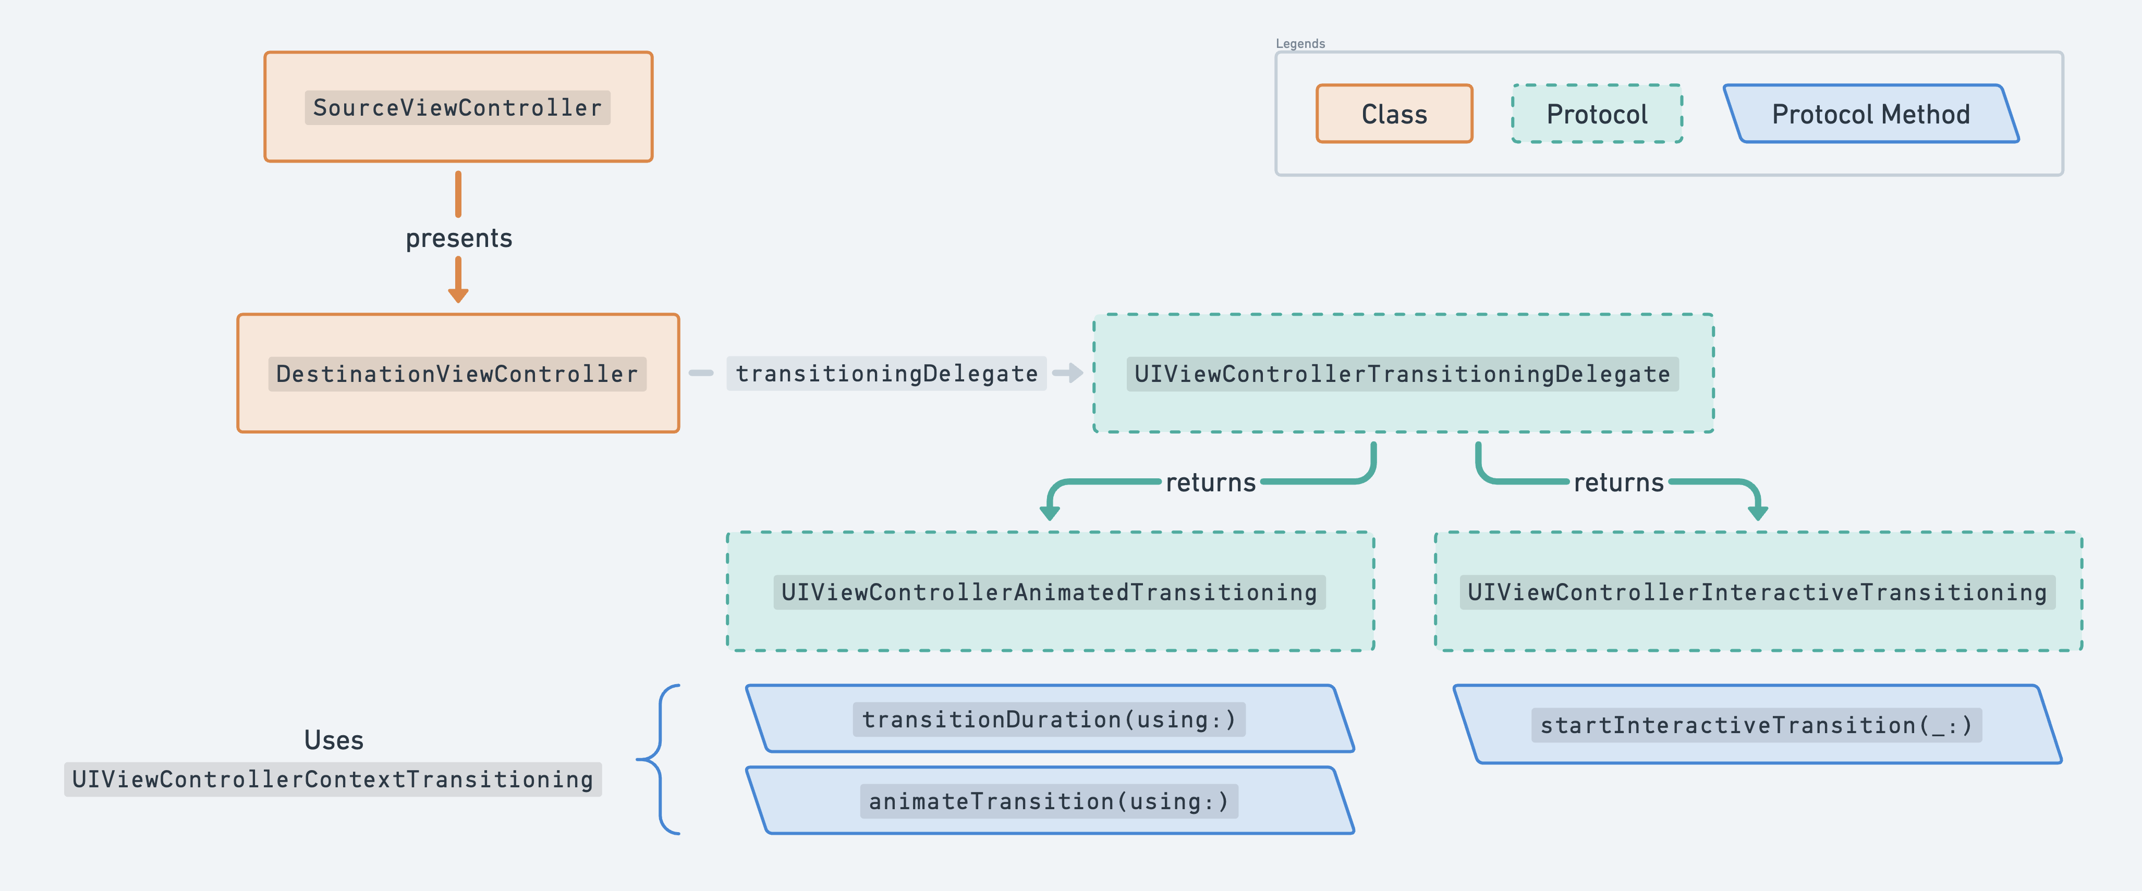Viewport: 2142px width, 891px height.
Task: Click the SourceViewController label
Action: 457,108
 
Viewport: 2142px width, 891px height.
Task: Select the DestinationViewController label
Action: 457,374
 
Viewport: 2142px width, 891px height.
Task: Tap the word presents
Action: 458,239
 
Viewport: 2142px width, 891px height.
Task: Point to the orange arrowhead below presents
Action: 458,294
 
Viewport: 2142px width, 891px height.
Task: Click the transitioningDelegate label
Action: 886,374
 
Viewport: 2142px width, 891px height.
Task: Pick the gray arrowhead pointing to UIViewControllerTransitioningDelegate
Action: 1075,373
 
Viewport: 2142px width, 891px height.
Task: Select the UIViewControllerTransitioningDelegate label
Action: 1403,374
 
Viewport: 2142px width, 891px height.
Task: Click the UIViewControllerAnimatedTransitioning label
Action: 1050,592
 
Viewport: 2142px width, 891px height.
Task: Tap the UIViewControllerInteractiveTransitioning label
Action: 1757,592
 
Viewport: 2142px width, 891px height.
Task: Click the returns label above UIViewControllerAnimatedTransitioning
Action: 1211,483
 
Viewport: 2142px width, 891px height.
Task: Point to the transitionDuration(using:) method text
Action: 1050,719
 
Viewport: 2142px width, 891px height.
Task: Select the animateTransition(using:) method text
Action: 1050,801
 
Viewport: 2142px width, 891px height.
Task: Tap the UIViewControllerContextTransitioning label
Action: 333,779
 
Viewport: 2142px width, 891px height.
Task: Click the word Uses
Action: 333,740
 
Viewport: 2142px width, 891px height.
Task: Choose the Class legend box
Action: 1394,114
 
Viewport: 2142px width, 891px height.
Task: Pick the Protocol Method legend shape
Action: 1871,114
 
